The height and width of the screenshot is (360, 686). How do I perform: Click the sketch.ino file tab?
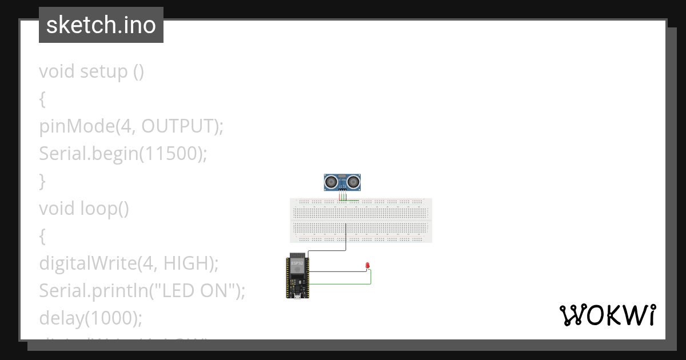[x=101, y=25]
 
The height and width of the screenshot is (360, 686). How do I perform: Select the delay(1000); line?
[x=90, y=318]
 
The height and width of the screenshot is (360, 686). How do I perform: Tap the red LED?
[x=367, y=266]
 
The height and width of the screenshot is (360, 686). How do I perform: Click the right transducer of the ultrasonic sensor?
[x=354, y=182]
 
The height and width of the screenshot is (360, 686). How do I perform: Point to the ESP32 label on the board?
[x=297, y=263]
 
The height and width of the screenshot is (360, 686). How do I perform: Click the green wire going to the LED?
[x=370, y=277]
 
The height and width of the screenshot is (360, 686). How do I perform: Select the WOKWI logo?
[x=607, y=315]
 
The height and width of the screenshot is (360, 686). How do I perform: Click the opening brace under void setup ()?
[x=42, y=99]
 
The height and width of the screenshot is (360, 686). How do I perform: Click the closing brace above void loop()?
[x=42, y=181]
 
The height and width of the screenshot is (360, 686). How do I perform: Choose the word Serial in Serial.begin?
[x=61, y=154]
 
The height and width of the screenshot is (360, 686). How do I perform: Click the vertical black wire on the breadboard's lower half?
[x=346, y=235]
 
